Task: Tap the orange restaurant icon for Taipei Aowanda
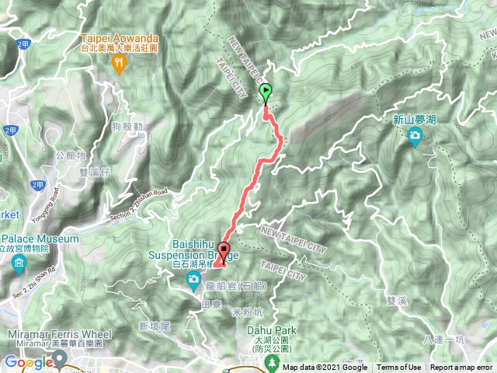pyautogui.click(x=119, y=66)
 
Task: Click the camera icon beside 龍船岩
pyautogui.click(x=196, y=288)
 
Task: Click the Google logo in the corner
pyautogui.click(x=28, y=361)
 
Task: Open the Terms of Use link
pyautogui.click(x=398, y=368)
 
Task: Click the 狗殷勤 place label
pyautogui.click(x=127, y=126)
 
